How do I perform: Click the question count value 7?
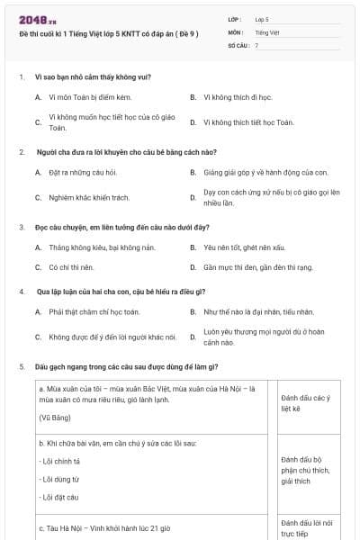tap(256, 44)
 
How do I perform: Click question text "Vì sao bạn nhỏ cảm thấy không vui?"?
tap(100, 76)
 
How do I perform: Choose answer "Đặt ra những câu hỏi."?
tap(83, 171)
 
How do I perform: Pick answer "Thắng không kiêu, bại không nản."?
tap(96, 247)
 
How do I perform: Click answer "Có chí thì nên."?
tap(72, 267)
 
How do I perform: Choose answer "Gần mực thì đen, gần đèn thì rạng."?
tap(257, 267)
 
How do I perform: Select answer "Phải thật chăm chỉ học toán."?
tap(94, 311)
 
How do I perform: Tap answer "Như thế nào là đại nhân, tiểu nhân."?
tap(258, 311)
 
